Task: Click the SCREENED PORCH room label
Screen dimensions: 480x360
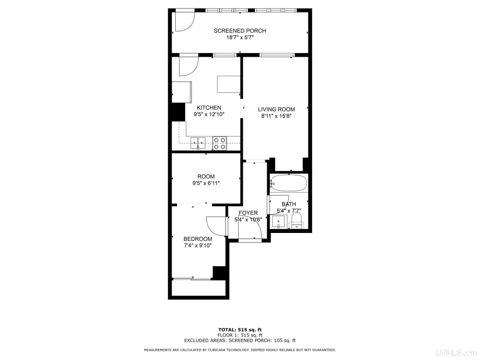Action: [x=240, y=30]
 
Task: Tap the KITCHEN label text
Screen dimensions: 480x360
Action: [x=209, y=108]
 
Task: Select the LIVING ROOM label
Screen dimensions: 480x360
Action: [x=276, y=109]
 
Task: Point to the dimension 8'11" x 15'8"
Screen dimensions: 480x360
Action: [x=276, y=116]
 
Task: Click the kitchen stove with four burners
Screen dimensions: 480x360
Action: [x=219, y=143]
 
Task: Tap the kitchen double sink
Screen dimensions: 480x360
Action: [x=198, y=143]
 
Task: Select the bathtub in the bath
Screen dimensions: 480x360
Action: [x=288, y=183]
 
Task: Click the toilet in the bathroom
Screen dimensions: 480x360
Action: [x=296, y=221]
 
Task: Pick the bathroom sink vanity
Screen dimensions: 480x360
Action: [x=279, y=222]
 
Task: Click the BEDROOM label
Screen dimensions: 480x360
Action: [x=198, y=239]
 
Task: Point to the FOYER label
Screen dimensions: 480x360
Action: [x=248, y=213]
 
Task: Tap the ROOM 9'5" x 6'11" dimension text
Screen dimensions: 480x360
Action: [x=206, y=183]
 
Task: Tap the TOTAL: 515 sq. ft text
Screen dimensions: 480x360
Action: [x=240, y=330]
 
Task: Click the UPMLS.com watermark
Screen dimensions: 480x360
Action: [x=457, y=352]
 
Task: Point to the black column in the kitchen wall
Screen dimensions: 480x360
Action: [x=178, y=112]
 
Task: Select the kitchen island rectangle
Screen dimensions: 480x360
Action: [x=228, y=84]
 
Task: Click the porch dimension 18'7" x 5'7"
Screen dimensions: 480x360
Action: [x=240, y=37]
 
